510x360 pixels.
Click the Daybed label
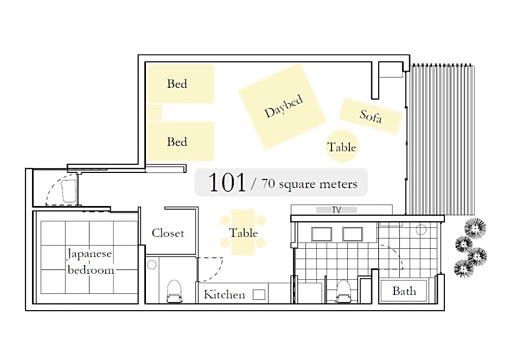(284, 107)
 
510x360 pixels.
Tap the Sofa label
(371, 116)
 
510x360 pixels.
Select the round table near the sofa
(341, 146)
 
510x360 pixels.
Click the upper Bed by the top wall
(181, 83)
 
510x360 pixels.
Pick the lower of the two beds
(181, 142)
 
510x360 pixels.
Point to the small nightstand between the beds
(155, 112)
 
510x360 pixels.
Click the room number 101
(227, 182)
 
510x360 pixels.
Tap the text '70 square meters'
(309, 184)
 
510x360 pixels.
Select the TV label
(336, 210)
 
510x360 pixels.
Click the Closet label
(168, 233)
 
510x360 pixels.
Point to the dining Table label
(243, 233)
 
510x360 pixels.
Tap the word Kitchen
(225, 294)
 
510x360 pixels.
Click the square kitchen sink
(259, 295)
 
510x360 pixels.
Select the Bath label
(404, 291)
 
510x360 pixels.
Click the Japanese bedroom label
(90, 262)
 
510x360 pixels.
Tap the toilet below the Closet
(174, 291)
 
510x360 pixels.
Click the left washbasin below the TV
(322, 234)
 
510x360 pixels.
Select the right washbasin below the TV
(353, 234)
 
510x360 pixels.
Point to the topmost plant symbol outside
(475, 228)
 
